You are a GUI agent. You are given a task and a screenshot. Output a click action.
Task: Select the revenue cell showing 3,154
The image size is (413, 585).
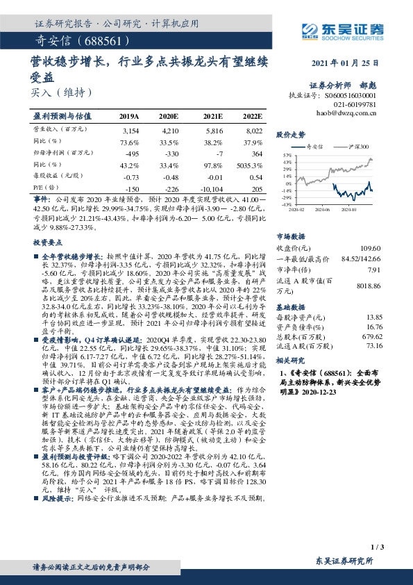pos(130,130)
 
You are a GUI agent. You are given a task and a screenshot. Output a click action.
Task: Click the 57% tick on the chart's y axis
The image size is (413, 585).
pos(285,155)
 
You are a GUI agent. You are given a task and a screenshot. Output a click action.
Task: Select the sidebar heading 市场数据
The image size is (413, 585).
pos(292,236)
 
